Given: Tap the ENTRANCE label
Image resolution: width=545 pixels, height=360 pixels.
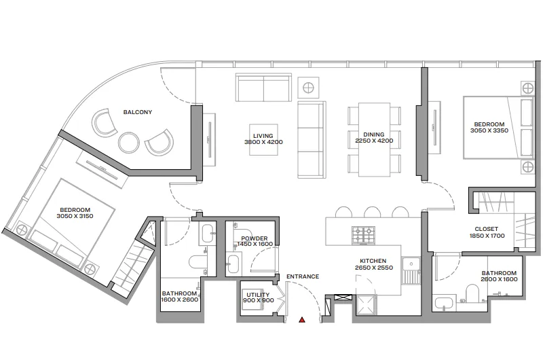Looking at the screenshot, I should pos(303,276).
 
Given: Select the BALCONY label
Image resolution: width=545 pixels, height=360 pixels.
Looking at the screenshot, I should pos(137,112).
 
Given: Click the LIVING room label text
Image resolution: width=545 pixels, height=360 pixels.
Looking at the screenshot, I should pos(263,135).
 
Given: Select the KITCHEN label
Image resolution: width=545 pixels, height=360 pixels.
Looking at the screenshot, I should pos(373,261).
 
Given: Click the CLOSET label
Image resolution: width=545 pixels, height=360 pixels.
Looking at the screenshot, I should pos(487,229).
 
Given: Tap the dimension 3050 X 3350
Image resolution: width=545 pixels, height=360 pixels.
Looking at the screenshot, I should pos(489,131).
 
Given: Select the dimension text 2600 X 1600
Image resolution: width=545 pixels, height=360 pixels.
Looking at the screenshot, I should pos(499,279).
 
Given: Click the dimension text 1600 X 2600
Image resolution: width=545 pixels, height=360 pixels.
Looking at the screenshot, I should pos(181,301).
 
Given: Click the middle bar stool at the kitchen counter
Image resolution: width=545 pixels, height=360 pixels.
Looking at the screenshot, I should pos(371,211).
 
